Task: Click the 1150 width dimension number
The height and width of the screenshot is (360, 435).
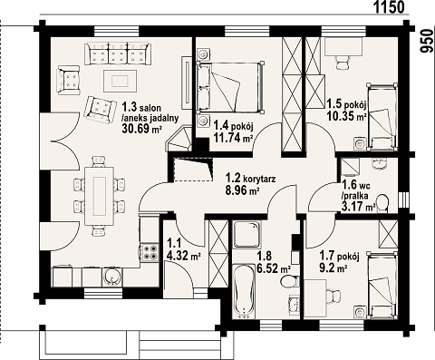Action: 389,7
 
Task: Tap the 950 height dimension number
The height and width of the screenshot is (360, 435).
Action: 426,41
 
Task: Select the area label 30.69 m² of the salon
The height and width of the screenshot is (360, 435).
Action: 141,129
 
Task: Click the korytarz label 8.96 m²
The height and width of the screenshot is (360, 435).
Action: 243,190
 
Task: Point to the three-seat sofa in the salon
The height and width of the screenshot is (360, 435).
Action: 118,54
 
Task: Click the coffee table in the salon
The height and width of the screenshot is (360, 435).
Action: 120,81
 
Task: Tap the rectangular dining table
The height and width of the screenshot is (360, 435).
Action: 100,196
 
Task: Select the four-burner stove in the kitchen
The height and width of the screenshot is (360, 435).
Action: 150,252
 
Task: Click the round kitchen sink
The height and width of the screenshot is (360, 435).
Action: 112,277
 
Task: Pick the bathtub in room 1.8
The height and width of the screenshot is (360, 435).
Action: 244,291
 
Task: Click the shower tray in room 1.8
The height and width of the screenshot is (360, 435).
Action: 246,234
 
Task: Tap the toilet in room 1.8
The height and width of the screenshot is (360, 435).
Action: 289,282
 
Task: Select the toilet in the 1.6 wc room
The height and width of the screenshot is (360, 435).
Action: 382,203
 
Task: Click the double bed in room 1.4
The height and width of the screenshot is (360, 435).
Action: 230,87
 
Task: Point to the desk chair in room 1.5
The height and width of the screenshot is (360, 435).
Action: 343,63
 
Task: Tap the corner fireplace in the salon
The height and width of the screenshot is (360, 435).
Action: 180,139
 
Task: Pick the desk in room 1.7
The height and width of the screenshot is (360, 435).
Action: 315,298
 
